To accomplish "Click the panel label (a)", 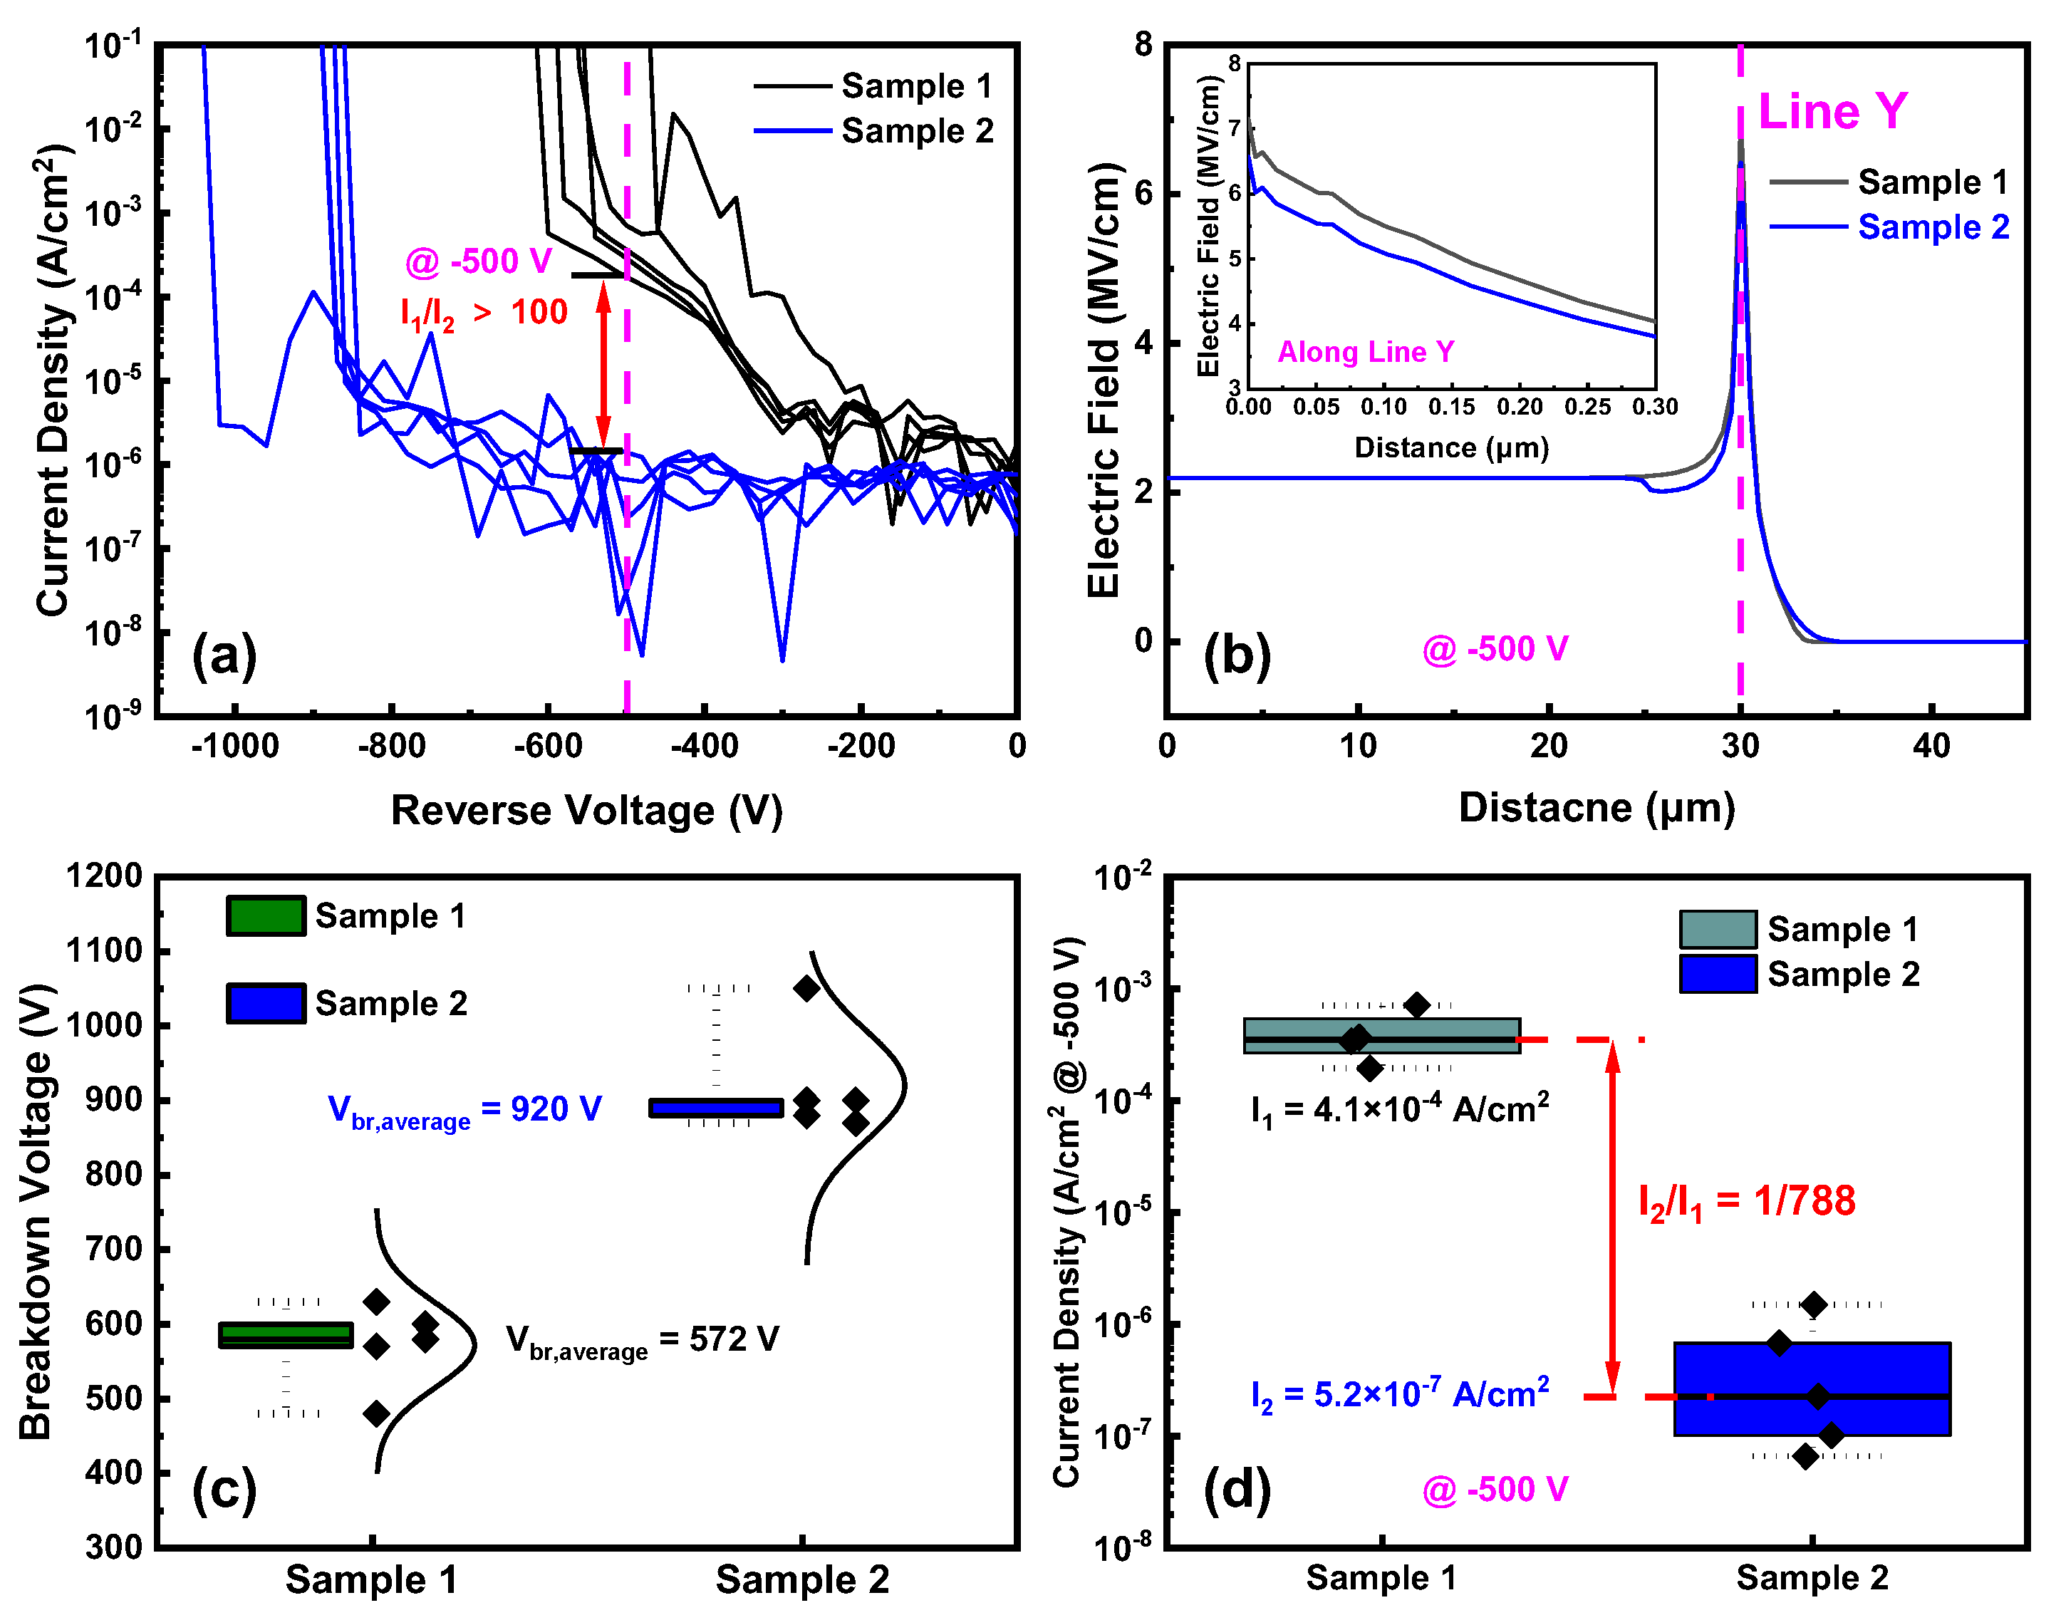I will tap(224, 656).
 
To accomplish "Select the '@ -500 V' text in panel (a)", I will tap(478, 261).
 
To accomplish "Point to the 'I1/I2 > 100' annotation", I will tap(484, 313).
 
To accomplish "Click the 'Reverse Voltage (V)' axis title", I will tap(587, 811).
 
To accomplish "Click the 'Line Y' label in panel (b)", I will tap(1832, 112).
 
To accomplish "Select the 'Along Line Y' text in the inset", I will tap(1366, 353).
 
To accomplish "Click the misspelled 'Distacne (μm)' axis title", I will tap(1597, 808).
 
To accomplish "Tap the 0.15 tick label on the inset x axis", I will tap(1452, 407).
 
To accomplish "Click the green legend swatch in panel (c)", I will tap(266, 916).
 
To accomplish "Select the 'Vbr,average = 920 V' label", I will tap(464, 1111).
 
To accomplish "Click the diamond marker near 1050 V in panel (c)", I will tap(806, 988).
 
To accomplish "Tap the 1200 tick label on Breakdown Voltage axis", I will tap(104, 876).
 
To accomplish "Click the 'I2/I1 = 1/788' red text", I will tap(1747, 1203).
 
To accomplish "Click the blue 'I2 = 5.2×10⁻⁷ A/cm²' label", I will tap(1400, 1395).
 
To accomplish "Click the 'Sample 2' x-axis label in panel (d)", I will tap(1812, 1578).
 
